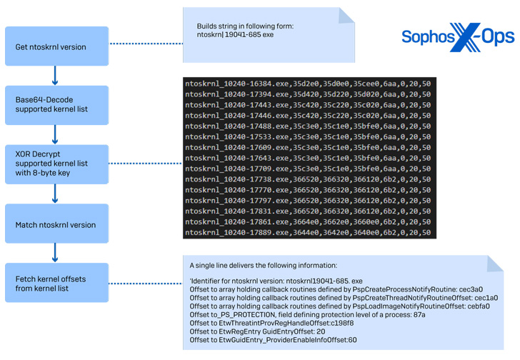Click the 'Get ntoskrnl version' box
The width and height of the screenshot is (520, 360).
coord(56,46)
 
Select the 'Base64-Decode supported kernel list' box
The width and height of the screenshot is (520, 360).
coord(56,106)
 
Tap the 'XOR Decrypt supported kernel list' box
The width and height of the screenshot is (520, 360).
coord(56,165)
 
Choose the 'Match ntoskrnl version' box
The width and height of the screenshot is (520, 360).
coord(56,224)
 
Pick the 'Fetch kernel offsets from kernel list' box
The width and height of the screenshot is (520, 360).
coord(56,282)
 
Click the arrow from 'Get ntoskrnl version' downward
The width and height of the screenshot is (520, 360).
coord(56,76)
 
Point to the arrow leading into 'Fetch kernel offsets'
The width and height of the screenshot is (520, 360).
coord(56,253)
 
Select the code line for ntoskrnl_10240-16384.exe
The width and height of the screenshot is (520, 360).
coord(307,84)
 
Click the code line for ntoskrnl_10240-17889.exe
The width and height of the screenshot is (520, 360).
coord(307,233)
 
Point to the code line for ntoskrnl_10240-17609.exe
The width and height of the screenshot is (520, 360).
coord(307,147)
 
